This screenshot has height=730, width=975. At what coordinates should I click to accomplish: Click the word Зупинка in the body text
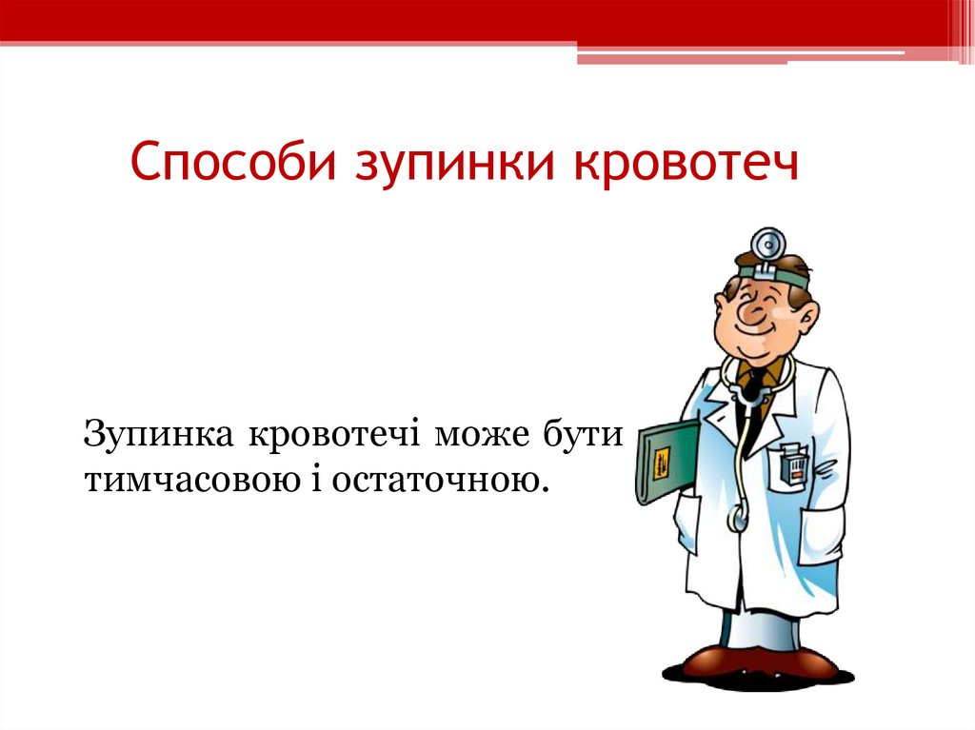click(160, 434)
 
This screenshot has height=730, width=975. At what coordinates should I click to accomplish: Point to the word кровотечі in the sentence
click(337, 434)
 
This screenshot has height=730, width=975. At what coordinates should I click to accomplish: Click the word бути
click(582, 434)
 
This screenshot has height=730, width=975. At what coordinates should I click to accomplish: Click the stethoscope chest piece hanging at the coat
click(739, 520)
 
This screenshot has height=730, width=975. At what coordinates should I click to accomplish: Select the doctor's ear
click(806, 312)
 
